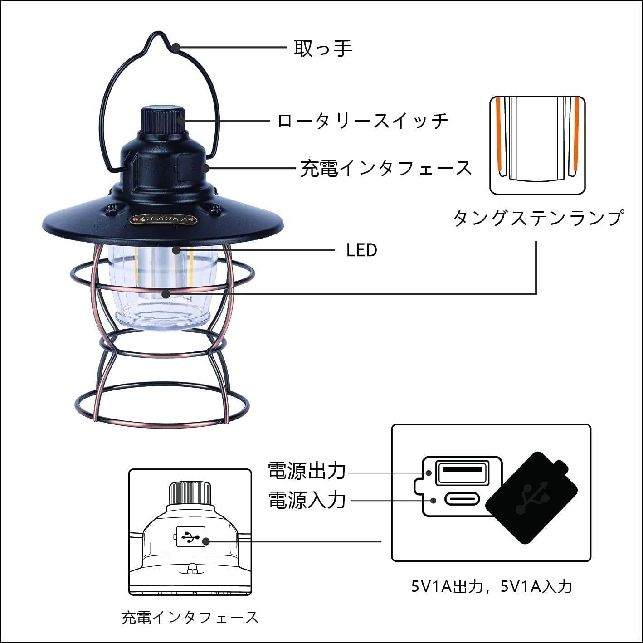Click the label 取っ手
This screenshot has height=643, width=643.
click(x=323, y=48)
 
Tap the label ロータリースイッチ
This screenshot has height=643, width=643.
click(x=363, y=121)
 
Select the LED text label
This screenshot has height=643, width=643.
click(x=361, y=250)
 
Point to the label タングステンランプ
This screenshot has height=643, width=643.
click(x=538, y=218)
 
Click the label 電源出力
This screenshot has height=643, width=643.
click(x=307, y=471)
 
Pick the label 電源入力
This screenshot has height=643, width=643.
click(x=307, y=500)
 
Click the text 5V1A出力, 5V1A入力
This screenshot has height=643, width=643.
click(x=492, y=587)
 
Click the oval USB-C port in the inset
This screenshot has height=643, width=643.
click(x=462, y=500)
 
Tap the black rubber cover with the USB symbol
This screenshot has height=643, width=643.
click(x=531, y=497)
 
